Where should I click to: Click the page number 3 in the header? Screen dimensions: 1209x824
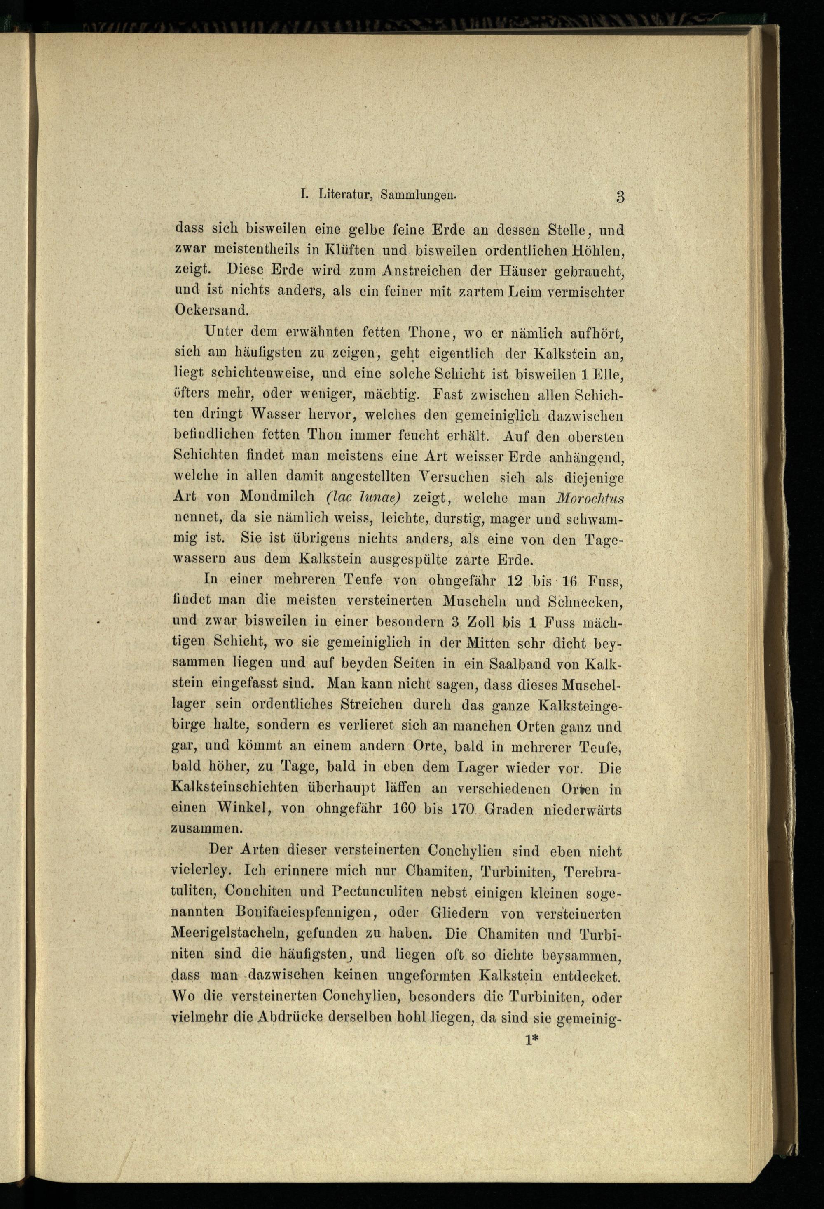(x=619, y=197)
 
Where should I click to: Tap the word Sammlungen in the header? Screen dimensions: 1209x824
(x=419, y=195)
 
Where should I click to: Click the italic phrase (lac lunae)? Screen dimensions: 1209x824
(x=363, y=497)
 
